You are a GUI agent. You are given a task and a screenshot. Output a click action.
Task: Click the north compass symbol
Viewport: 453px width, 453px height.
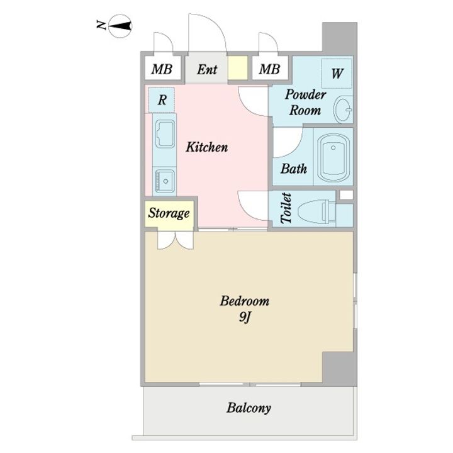120,26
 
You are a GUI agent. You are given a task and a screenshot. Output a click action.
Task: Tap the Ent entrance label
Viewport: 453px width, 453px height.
207,70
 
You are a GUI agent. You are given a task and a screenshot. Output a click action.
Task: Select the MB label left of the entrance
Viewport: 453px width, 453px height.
162,69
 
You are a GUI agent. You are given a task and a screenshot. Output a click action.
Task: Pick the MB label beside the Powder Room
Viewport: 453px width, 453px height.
269,69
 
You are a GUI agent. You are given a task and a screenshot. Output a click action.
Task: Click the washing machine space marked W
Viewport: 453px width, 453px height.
337,74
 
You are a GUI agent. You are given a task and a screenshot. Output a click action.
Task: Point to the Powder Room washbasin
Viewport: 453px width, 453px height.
344,109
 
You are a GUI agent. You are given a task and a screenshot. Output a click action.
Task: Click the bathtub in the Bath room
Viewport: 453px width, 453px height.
333,157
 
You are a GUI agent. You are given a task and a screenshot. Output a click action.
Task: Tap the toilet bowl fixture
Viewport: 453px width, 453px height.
316,211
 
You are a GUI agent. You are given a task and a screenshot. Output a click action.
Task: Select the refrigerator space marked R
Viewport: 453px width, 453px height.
162,100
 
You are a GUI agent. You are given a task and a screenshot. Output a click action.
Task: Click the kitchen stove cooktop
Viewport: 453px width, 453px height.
165,134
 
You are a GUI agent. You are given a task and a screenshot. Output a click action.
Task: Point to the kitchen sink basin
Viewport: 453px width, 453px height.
165,181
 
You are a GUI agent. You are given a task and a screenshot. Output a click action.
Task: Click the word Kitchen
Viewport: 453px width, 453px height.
207,147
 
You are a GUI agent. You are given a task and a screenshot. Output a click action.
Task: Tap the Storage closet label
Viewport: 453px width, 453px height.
169,213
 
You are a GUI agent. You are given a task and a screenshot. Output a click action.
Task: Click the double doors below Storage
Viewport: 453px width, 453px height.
176,240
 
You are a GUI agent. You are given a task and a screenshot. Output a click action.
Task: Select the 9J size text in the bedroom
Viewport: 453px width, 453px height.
244,318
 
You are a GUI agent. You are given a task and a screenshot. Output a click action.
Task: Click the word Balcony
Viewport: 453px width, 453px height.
249,408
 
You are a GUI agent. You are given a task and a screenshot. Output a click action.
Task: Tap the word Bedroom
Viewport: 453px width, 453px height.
245,301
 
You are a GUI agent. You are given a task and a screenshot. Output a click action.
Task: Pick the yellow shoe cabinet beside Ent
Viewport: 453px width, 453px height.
238,68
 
